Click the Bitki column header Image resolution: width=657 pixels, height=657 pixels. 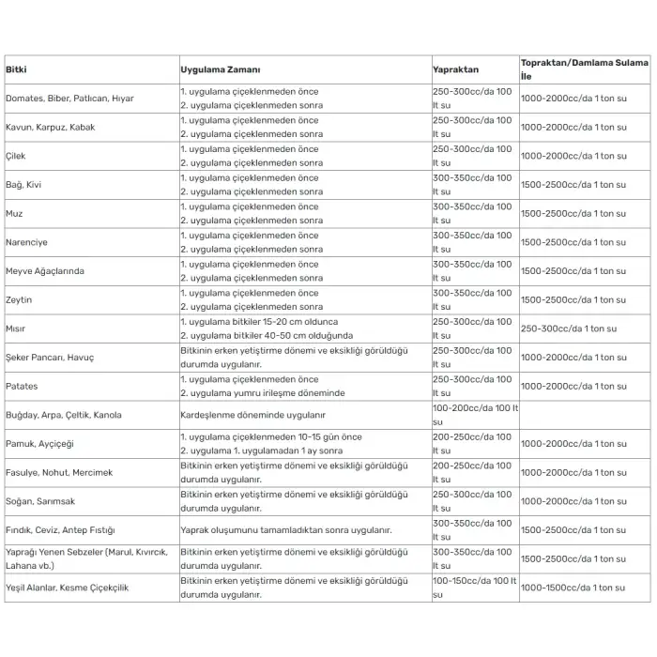[16, 70]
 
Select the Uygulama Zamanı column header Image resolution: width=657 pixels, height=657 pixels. [221, 70]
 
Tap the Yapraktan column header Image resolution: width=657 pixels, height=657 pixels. [455, 70]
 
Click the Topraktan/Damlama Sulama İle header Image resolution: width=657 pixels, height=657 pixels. [584, 69]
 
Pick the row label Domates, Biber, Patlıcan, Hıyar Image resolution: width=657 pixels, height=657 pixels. [70, 99]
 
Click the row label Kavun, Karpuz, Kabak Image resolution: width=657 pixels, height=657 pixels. [51, 127]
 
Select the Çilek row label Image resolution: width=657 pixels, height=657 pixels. [16, 156]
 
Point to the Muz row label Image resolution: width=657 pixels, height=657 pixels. [15, 213]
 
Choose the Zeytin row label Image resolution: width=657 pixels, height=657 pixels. [19, 300]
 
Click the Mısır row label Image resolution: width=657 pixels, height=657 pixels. [17, 328]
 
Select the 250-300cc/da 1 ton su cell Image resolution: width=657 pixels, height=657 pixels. [569, 328]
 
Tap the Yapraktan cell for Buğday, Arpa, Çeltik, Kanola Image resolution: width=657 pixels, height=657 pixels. [475, 415]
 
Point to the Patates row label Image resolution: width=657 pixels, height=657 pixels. [22, 386]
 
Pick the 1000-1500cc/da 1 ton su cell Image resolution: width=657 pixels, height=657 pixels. [573, 588]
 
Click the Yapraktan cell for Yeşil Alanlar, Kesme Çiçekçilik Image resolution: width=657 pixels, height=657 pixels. [475, 588]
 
